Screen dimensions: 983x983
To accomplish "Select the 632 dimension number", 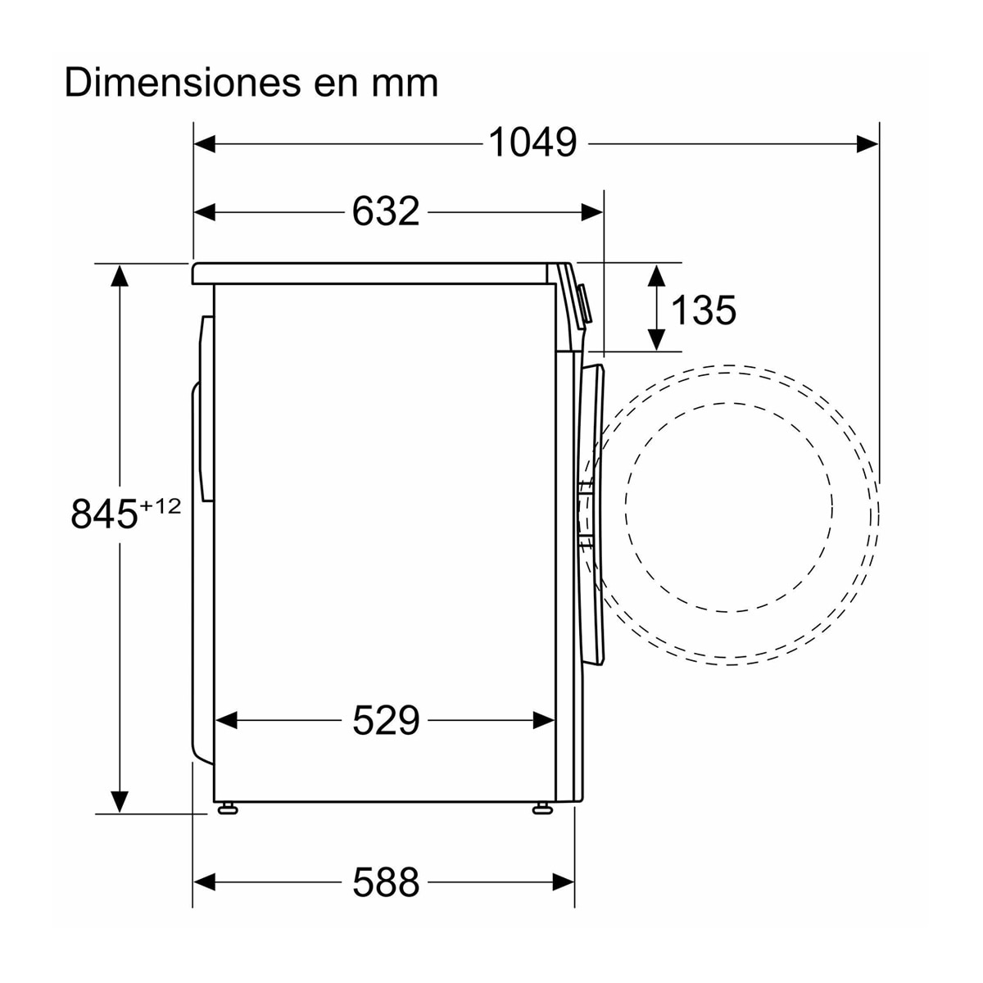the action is pos(386,211).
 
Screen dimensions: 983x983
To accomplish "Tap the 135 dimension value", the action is pos(704,310).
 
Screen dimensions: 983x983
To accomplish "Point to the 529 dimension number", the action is pos(386,720).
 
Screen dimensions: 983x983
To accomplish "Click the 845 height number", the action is pos(105,514).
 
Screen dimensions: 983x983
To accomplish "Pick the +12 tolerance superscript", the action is pos(161,506).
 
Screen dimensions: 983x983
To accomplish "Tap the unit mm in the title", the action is pos(405,86).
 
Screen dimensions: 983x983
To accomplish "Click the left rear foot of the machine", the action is pos(228,808).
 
